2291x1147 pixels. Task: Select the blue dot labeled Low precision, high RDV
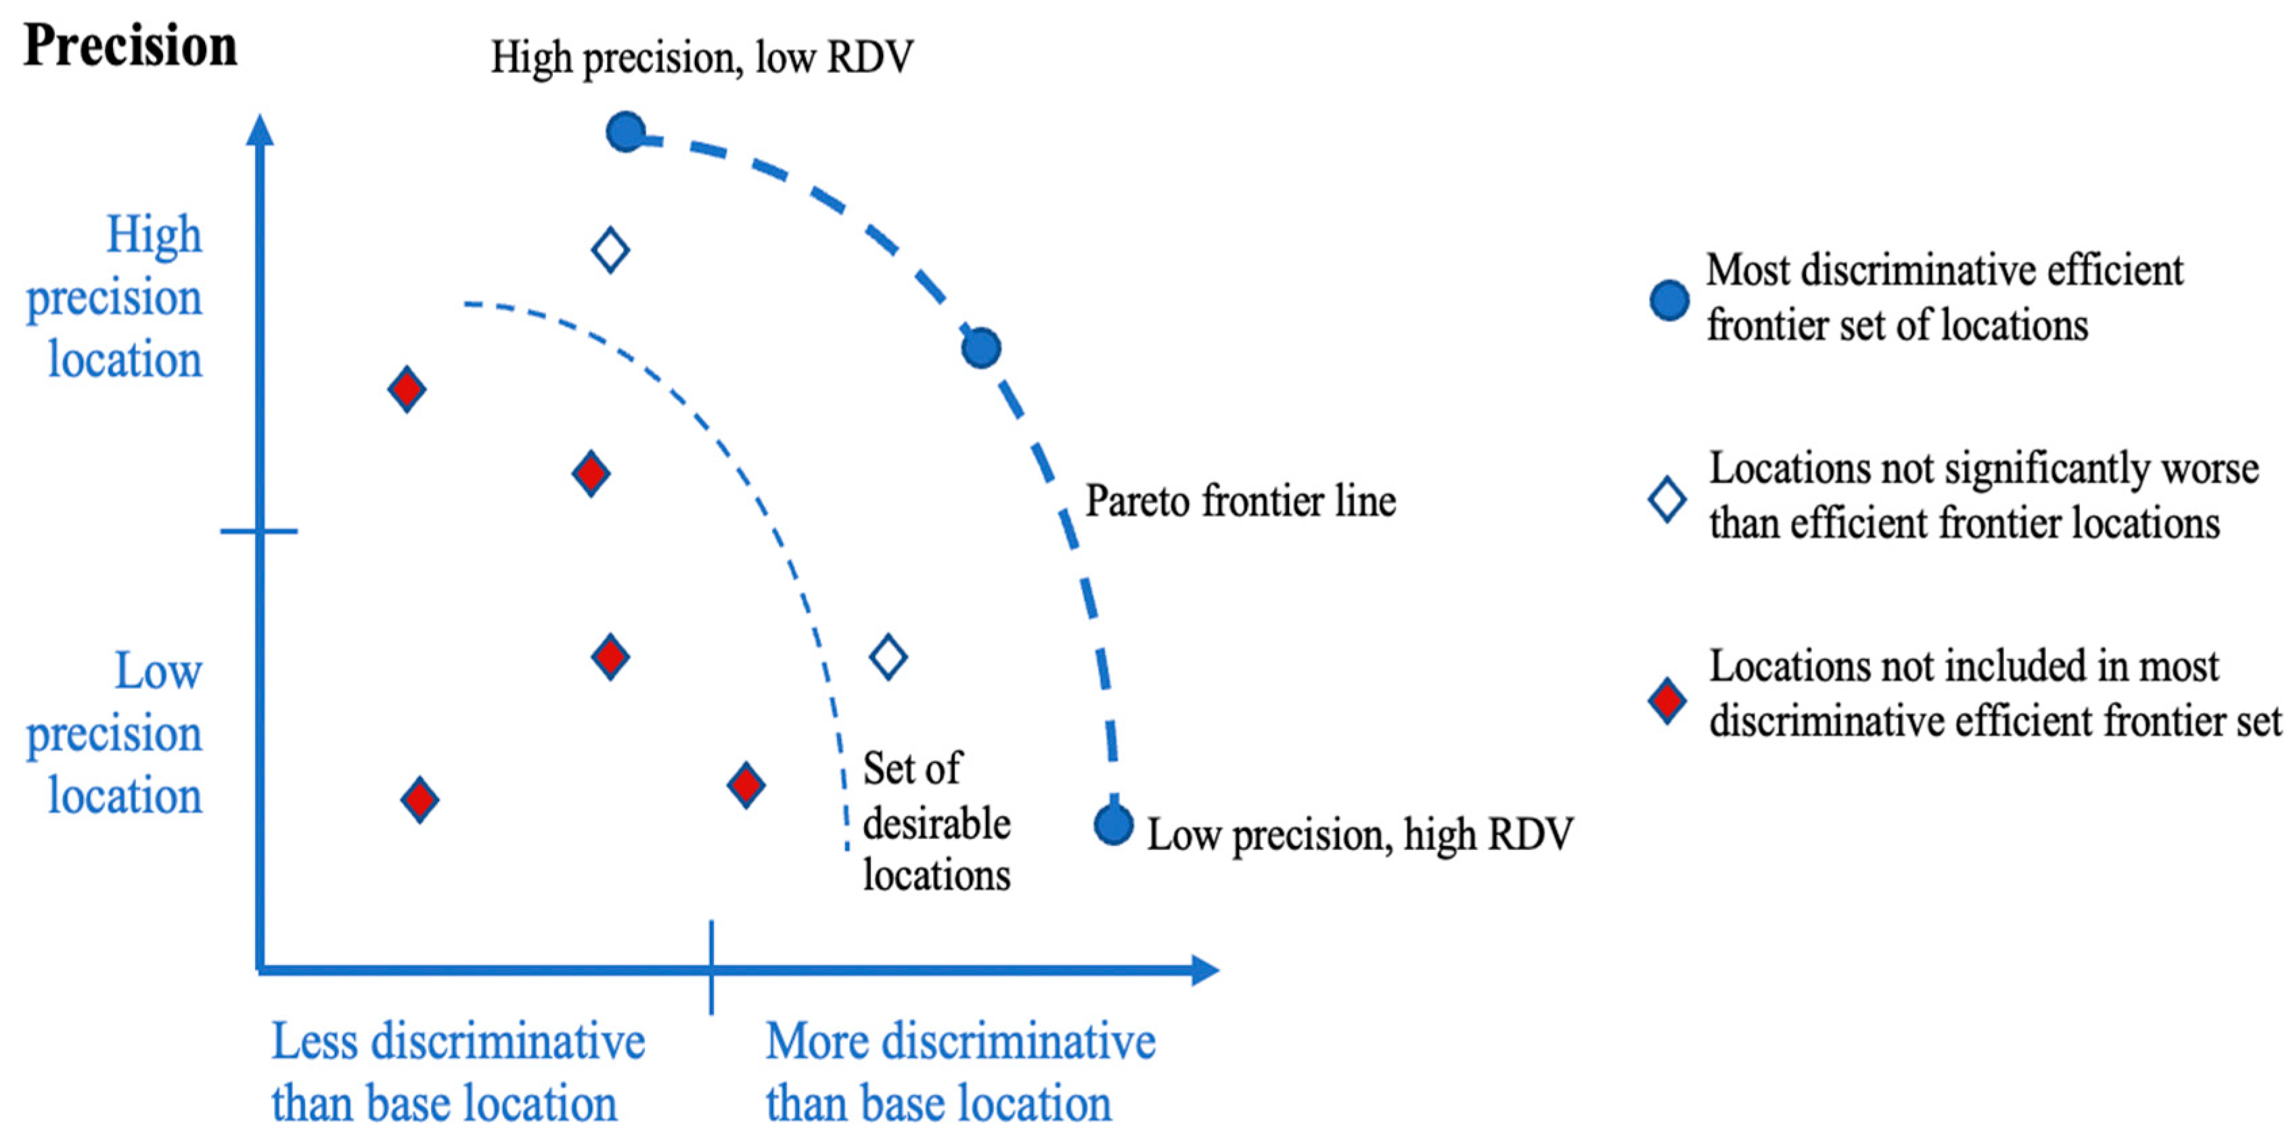tap(1112, 824)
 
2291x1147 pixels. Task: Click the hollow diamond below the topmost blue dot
tap(611, 250)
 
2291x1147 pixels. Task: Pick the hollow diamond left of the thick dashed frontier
tap(888, 658)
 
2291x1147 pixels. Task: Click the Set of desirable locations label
tap(936, 822)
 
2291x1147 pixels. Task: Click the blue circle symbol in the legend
tap(1669, 300)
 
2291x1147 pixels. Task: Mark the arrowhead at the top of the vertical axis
tap(260, 129)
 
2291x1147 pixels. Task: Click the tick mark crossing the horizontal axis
tap(712, 968)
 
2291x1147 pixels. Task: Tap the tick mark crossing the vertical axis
tap(259, 531)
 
